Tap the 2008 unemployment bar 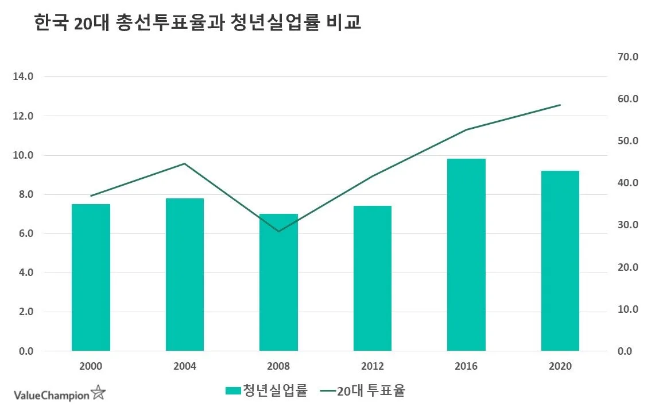tap(278, 282)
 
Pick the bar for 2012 tap(373, 278)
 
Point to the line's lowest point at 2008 tap(278, 231)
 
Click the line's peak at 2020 tap(560, 105)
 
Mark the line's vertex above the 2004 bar tap(185, 163)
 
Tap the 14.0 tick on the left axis tap(23, 76)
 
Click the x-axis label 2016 tap(466, 366)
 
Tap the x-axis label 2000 tap(91, 366)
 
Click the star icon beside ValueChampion tap(99, 393)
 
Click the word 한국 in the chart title tap(52, 24)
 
